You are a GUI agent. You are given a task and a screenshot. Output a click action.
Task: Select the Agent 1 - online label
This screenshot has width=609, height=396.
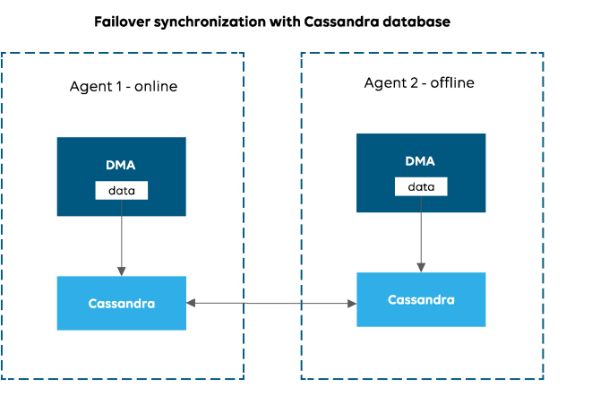tap(124, 87)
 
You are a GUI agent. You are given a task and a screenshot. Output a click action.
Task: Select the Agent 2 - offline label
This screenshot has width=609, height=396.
tap(419, 83)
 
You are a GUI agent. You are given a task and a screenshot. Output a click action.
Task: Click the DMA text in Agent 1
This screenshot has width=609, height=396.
tap(122, 165)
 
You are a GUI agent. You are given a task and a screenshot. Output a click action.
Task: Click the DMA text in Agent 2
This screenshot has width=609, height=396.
tap(420, 161)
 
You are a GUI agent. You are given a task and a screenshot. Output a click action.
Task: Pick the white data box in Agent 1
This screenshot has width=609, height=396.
tap(122, 191)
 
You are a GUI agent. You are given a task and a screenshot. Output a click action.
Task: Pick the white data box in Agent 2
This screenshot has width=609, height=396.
tap(420, 186)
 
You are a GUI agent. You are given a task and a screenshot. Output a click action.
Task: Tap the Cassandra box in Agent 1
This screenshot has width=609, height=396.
tap(122, 303)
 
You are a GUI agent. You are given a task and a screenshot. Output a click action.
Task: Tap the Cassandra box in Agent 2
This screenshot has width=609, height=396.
tap(421, 299)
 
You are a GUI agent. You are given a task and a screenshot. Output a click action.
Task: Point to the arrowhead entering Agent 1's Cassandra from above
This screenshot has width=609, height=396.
tap(122, 271)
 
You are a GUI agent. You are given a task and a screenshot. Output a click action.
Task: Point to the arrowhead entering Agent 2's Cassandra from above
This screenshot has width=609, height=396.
tap(421, 267)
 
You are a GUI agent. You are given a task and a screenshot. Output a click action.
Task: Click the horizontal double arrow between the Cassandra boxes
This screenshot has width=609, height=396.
tap(271, 304)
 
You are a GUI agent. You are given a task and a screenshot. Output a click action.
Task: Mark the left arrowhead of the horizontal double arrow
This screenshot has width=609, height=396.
tap(192, 304)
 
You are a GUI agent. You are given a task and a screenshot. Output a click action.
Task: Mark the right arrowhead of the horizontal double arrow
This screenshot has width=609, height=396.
tap(351, 304)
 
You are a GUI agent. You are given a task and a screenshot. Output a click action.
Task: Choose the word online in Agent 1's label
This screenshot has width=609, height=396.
tap(156, 87)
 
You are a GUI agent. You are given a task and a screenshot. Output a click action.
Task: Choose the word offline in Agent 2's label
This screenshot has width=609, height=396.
tap(452, 83)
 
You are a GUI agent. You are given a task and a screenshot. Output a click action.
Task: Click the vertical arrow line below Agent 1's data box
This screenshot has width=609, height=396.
tap(122, 233)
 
